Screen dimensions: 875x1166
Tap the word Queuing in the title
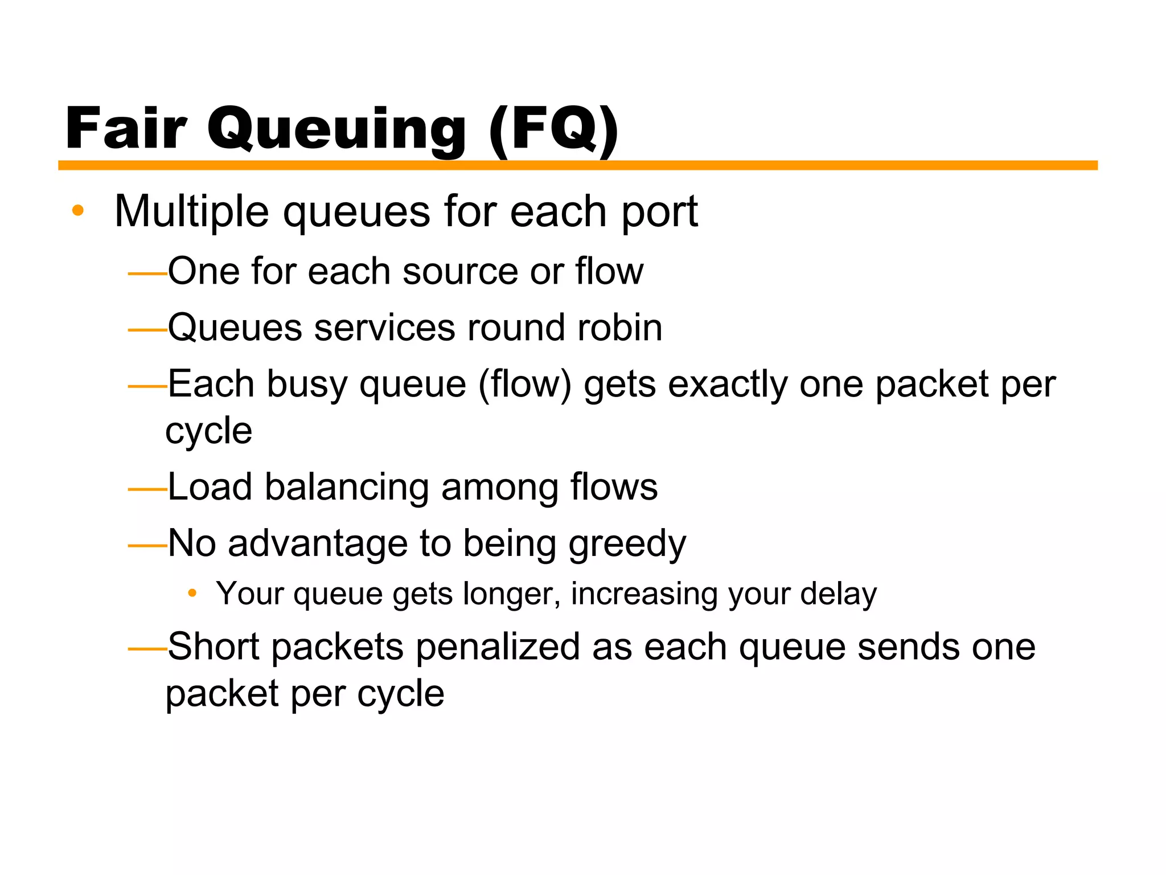[336, 131]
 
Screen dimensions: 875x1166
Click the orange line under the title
[577, 165]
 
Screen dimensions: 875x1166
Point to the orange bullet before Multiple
[78, 211]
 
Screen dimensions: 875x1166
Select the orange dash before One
[147, 274]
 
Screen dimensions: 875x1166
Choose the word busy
[307, 386]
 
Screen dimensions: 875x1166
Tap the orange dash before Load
[147, 489]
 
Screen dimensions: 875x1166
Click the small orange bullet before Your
[192, 594]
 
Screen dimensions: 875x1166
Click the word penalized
[498, 648]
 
